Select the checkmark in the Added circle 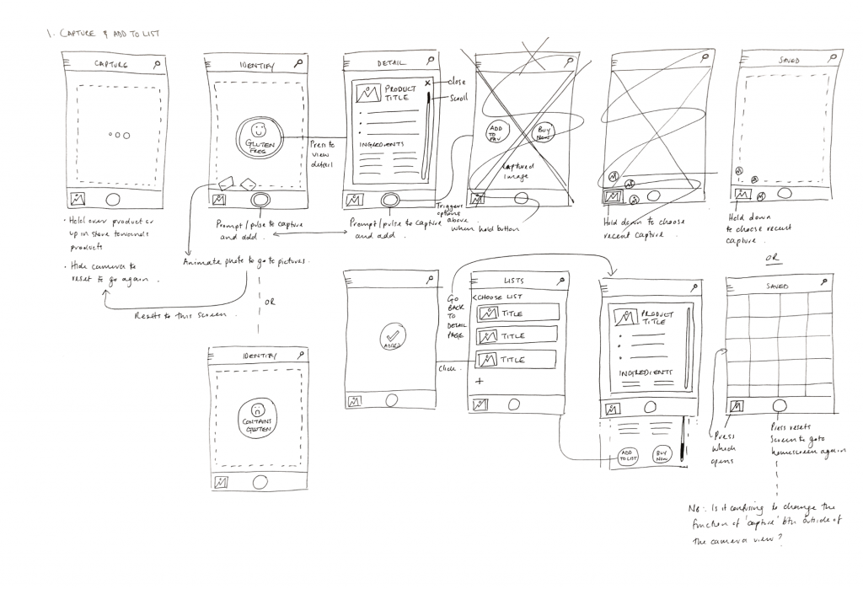[394, 334]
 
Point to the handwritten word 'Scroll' [460, 98]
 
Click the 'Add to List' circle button [627, 456]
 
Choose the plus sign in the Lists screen [480, 382]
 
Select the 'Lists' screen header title [514, 280]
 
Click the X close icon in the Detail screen [428, 82]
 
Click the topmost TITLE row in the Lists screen [517, 313]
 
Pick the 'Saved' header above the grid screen [776, 286]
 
